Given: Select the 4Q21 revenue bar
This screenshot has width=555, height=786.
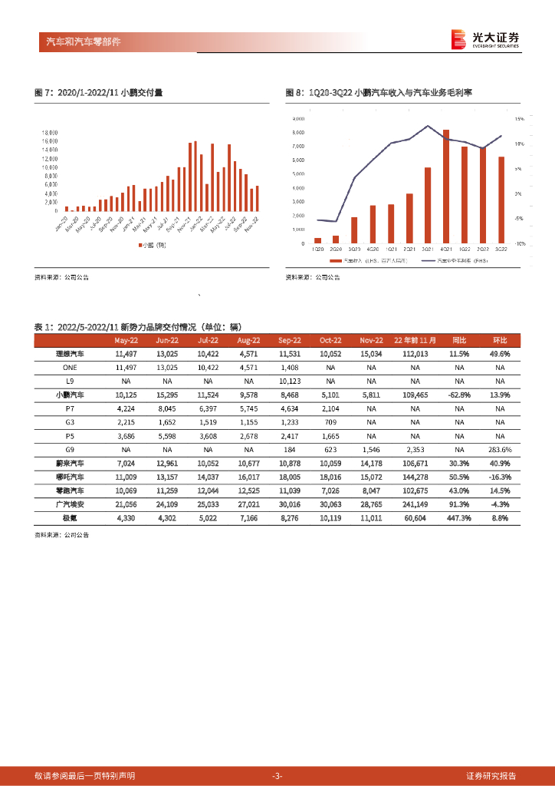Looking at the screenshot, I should click(446, 187).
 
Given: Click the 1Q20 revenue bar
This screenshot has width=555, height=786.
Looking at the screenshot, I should click(317, 240).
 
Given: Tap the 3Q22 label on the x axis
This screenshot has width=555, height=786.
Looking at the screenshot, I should click(501, 249).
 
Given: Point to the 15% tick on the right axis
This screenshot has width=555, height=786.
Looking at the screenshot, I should click(519, 120).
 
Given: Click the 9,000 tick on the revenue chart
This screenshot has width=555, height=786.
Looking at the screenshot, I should click(298, 120).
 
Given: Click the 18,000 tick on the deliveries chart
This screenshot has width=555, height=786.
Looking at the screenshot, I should click(50, 132).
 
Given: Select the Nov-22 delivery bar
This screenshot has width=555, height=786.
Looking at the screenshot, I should click(257, 198).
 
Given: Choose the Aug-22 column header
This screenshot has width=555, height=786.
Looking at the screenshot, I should click(248, 340).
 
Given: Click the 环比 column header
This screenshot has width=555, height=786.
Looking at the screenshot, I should click(500, 340).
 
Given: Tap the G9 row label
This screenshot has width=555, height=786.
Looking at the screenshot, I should click(70, 449).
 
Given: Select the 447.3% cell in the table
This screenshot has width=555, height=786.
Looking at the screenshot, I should click(458, 518).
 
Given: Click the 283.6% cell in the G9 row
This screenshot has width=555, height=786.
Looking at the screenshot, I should click(500, 449).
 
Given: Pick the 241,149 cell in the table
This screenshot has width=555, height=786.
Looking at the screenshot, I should click(415, 504).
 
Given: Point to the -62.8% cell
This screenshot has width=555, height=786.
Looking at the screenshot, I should click(458, 394).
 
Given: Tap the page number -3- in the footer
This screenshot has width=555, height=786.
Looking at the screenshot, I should click(277, 775).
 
